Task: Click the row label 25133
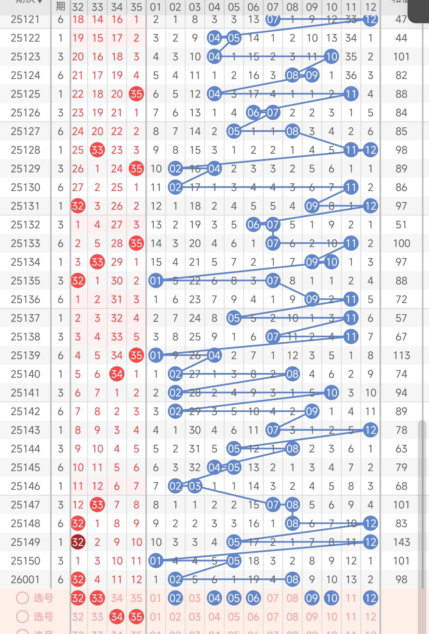pyautogui.click(x=25, y=243)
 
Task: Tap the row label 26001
pyautogui.click(x=25, y=579)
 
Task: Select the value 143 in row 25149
pyautogui.click(x=401, y=542)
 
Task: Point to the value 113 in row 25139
pyautogui.click(x=401, y=356)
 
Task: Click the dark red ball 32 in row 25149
pyautogui.click(x=78, y=542)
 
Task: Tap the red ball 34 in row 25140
pyautogui.click(x=117, y=374)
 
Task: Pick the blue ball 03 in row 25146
pyautogui.click(x=195, y=486)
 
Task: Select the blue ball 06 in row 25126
pyautogui.click(x=253, y=113)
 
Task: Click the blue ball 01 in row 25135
pyautogui.click(x=155, y=281)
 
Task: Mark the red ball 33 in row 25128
pyautogui.click(x=97, y=150)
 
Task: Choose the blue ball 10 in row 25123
pyautogui.click(x=331, y=57)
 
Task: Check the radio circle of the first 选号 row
pyautogui.click(x=23, y=598)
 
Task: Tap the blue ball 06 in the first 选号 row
pyautogui.click(x=253, y=598)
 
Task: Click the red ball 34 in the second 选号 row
pyautogui.click(x=117, y=617)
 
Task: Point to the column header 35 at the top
pyautogui.click(x=136, y=7)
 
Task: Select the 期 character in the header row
pyautogui.click(x=60, y=6)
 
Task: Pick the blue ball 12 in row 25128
pyautogui.click(x=370, y=150)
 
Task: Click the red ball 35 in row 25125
pyautogui.click(x=136, y=94)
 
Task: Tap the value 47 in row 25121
pyautogui.click(x=401, y=19)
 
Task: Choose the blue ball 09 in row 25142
pyautogui.click(x=312, y=411)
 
